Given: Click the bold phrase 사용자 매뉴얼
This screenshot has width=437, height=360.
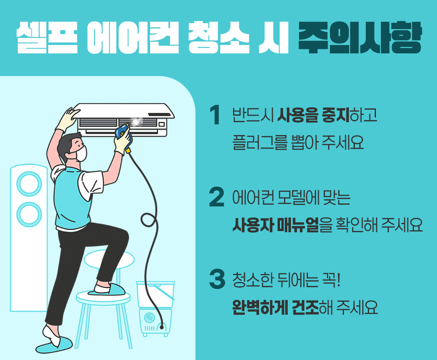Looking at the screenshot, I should tap(275, 224).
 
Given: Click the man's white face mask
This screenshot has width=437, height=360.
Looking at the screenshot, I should tap(81, 153).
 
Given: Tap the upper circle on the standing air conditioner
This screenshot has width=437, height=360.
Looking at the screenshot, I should tap(29, 184).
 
